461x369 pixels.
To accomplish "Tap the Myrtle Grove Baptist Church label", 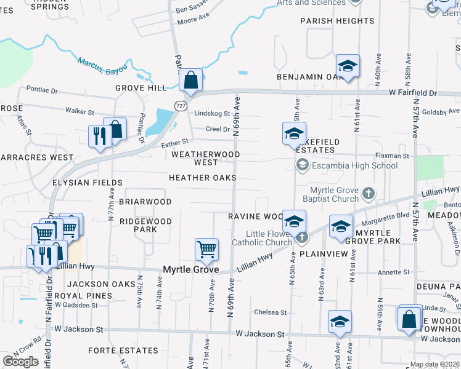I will pos(334,194).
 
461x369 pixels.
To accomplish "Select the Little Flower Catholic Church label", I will pos(261,238).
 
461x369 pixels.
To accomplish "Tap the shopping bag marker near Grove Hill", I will pos(191,80).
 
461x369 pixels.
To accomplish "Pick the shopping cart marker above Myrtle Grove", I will pos(206,250).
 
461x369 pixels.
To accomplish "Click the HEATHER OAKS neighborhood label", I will pos(203,178).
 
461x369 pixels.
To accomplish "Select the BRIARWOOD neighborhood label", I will pos(145,202).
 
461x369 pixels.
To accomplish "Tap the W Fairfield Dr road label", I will pos(412,93).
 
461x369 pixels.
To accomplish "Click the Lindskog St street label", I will pos(211,114).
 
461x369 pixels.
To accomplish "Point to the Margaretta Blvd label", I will pos(386,215).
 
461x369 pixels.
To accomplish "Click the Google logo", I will pos(20,362).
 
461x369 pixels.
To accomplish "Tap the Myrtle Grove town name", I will pos(190,269).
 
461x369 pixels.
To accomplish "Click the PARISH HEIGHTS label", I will pos(337,21).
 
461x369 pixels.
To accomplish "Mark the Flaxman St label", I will pos(393,156).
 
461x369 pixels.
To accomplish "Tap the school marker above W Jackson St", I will pos(340,322).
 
